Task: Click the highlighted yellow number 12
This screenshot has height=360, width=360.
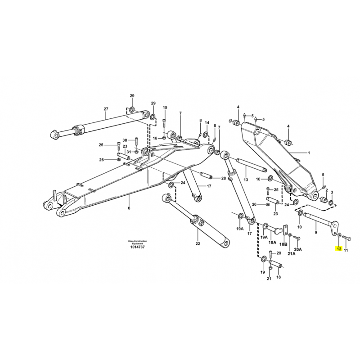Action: (x=339, y=249)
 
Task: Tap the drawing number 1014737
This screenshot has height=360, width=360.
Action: (x=137, y=247)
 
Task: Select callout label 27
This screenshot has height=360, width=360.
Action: (x=106, y=109)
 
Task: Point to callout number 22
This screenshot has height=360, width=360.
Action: (x=198, y=243)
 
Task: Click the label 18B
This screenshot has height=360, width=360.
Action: (x=285, y=244)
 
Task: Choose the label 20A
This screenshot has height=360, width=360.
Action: (x=298, y=249)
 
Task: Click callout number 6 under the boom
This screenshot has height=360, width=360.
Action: (x=129, y=208)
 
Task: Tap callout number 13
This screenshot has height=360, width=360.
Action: (x=246, y=180)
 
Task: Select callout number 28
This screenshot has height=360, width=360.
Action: (x=224, y=178)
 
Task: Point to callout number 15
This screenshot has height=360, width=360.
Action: (x=165, y=108)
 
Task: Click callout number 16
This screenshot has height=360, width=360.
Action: (x=155, y=138)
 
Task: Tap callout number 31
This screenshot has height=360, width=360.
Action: (x=129, y=152)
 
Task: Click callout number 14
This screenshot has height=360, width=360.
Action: (x=207, y=123)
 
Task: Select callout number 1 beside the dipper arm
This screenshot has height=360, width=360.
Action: (x=309, y=153)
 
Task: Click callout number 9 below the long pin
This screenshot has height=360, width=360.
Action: (x=316, y=233)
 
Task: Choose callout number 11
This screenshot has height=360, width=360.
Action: (x=346, y=250)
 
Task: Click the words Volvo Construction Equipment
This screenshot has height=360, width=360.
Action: (x=137, y=242)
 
